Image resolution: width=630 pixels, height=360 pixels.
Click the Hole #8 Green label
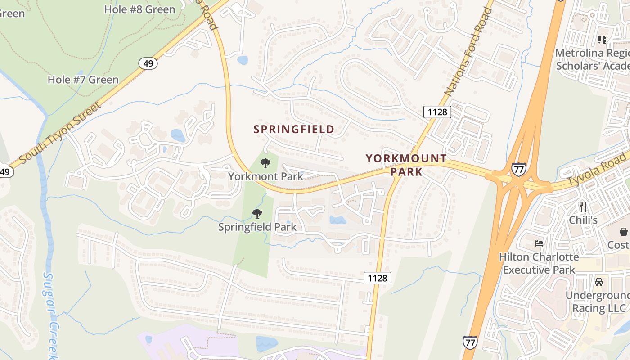tap(139, 9)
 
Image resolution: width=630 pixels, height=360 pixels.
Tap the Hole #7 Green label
tap(83, 80)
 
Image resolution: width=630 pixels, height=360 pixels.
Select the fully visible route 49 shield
tap(148, 63)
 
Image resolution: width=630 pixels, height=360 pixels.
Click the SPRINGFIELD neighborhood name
tap(294, 130)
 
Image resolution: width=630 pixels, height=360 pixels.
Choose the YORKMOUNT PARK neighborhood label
tap(406, 165)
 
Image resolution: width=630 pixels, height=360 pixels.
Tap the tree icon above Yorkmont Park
tap(265, 163)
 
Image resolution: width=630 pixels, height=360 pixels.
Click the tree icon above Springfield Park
tap(257, 213)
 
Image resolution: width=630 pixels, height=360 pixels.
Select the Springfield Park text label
tap(257, 227)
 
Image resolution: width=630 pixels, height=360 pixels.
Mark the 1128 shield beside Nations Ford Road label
tap(437, 112)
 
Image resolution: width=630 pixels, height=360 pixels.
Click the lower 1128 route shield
tap(377, 278)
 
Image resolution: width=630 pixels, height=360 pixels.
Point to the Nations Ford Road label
tap(468, 52)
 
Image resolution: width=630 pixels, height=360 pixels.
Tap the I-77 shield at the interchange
tap(518, 169)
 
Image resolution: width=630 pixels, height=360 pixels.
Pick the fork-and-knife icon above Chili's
tap(583, 207)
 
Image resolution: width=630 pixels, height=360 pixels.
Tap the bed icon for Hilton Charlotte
tap(539, 243)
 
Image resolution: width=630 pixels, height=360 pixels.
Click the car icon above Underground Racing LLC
tap(599, 282)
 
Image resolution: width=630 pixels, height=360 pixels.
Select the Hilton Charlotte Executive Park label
tap(539, 263)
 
